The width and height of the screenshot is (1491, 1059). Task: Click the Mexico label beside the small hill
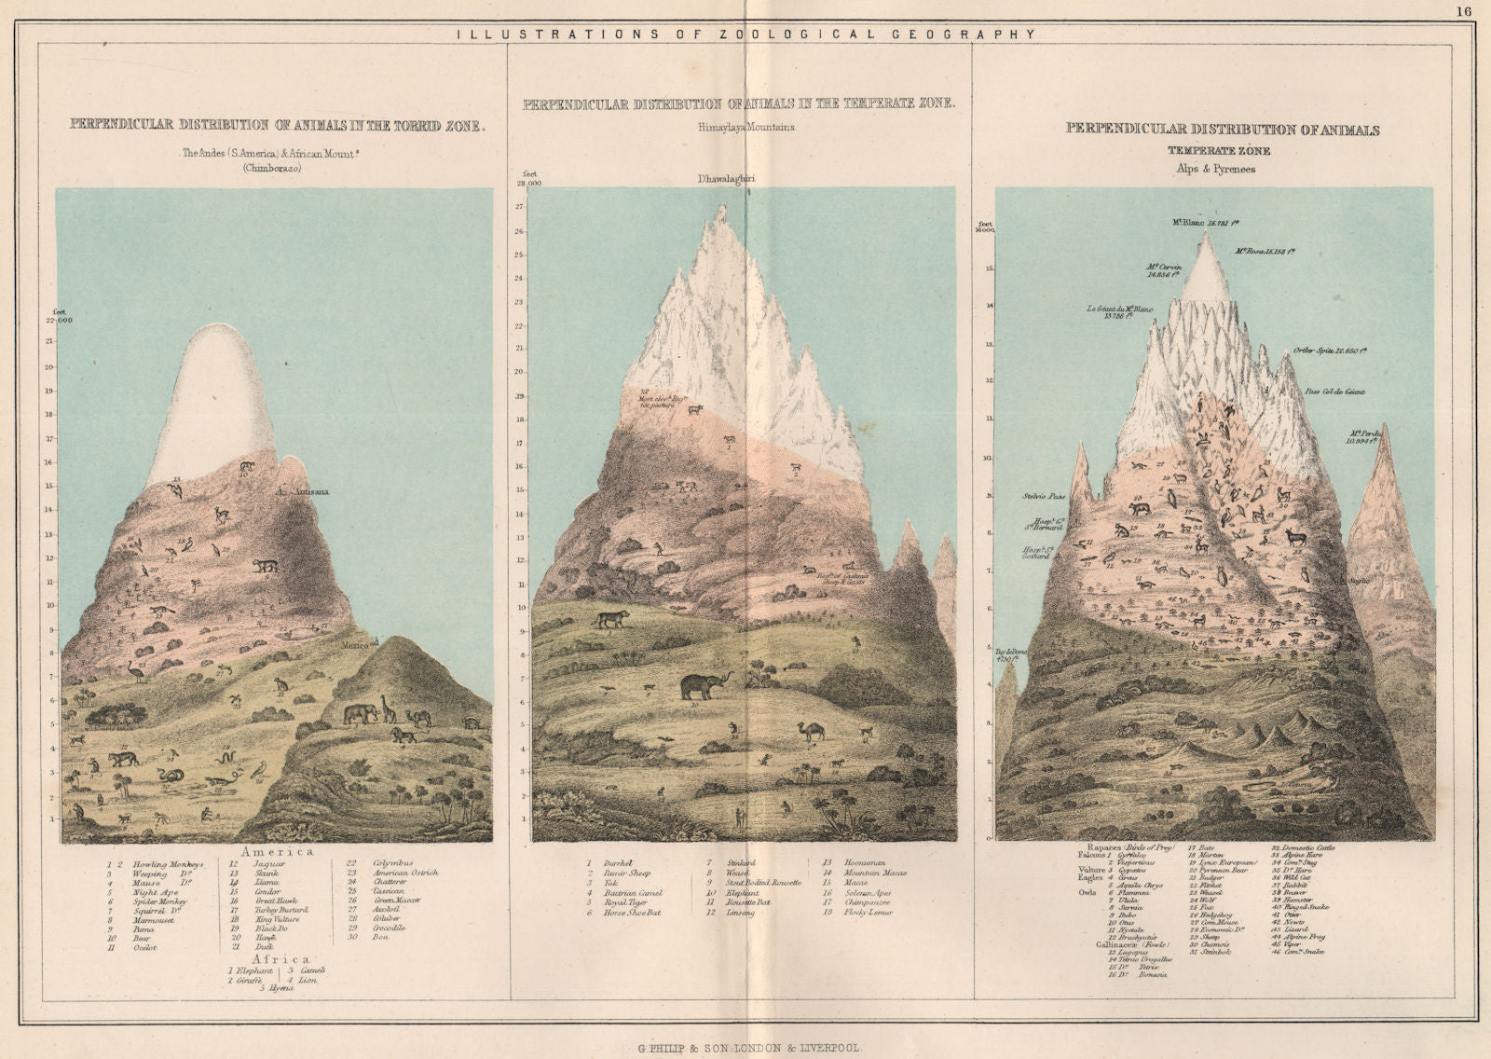355,643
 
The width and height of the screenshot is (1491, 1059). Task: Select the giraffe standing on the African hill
389,710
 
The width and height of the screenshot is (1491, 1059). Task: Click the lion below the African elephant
403,736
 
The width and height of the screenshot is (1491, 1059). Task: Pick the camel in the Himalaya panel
812,731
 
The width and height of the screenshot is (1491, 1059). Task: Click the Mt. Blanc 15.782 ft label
1206,222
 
